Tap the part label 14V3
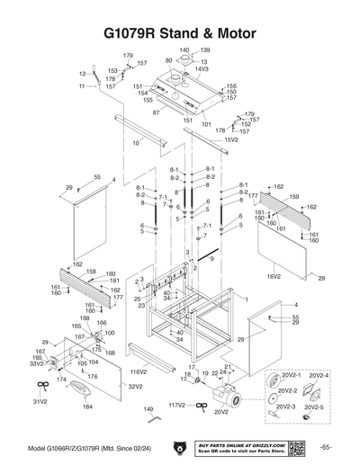point(202,69)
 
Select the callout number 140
point(184,49)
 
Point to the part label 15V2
point(231,139)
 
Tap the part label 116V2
point(138,371)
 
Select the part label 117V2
point(176,406)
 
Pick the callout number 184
point(87,407)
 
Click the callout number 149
point(149,409)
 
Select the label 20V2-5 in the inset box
point(319,407)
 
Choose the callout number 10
point(136,143)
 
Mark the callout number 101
point(205,124)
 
